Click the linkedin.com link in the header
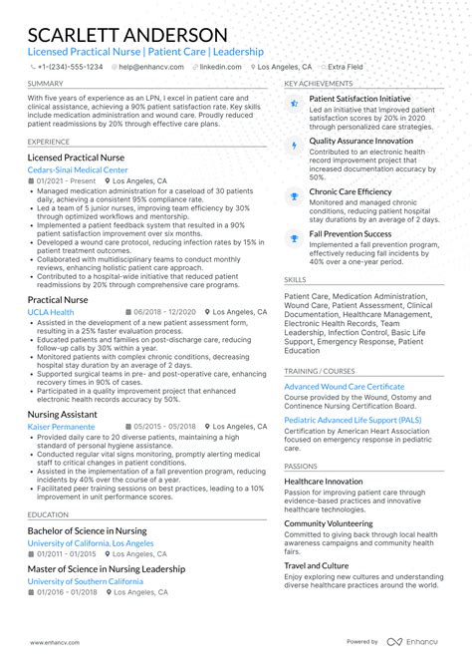tap(220, 67)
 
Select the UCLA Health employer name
tap(51, 312)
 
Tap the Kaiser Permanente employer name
tap(62, 427)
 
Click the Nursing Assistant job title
tap(63, 414)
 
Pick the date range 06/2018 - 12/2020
tap(162, 312)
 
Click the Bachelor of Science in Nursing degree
tap(88, 531)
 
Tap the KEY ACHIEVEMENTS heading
tap(319, 84)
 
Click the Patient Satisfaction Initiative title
tap(359, 100)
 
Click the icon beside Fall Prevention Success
tap(295, 237)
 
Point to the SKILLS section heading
tap(296, 280)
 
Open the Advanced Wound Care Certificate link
tap(345, 386)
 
